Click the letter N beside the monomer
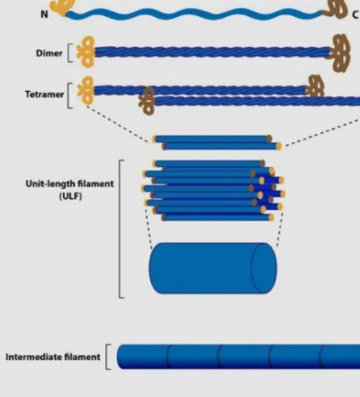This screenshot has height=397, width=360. tap(44, 14)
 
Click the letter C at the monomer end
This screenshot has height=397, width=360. tap(355, 14)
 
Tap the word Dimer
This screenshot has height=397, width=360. tap(49, 53)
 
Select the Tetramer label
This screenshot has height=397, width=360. tap(44, 95)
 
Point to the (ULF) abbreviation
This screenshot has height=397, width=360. tap(70, 196)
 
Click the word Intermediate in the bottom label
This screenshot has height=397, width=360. tap(31, 357)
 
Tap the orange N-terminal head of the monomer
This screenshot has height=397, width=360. tap(62, 7)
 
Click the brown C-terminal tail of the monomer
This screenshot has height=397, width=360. tap(335, 9)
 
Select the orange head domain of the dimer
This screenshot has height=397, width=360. tap(85, 52)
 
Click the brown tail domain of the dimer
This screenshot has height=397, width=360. tap(339, 53)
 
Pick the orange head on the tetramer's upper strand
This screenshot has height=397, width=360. tap(86, 90)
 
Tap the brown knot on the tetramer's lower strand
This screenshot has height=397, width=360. tap(147, 101)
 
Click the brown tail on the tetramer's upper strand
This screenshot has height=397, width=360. tap(314, 86)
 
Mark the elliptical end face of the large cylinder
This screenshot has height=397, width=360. tap(264, 268)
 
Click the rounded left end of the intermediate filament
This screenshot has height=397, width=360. tap(121, 356)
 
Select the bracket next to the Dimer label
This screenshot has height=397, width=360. tap(69, 53)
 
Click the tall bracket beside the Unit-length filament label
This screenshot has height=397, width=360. tap(121, 229)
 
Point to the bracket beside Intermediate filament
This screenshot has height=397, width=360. tap(107, 356)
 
